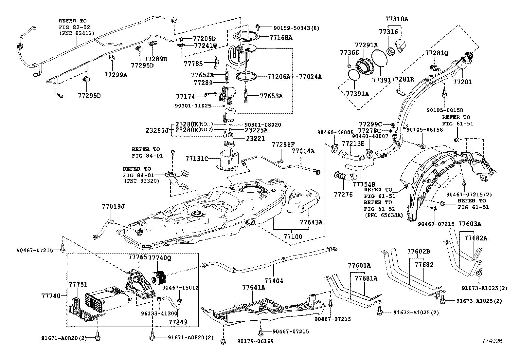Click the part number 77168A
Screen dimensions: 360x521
click(x=281, y=37)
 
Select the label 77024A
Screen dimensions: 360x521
click(x=310, y=77)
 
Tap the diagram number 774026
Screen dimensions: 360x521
click(x=492, y=341)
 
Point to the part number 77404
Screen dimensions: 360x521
click(x=274, y=281)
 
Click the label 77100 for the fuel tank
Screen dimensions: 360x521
click(x=293, y=237)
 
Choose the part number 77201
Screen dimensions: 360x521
click(x=462, y=82)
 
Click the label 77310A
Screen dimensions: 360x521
click(x=397, y=19)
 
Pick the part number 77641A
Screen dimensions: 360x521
click(x=254, y=287)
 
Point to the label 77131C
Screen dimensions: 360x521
click(x=197, y=159)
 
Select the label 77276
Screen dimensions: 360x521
click(x=343, y=194)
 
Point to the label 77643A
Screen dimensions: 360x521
click(x=311, y=222)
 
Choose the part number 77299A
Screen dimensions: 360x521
click(x=116, y=75)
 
